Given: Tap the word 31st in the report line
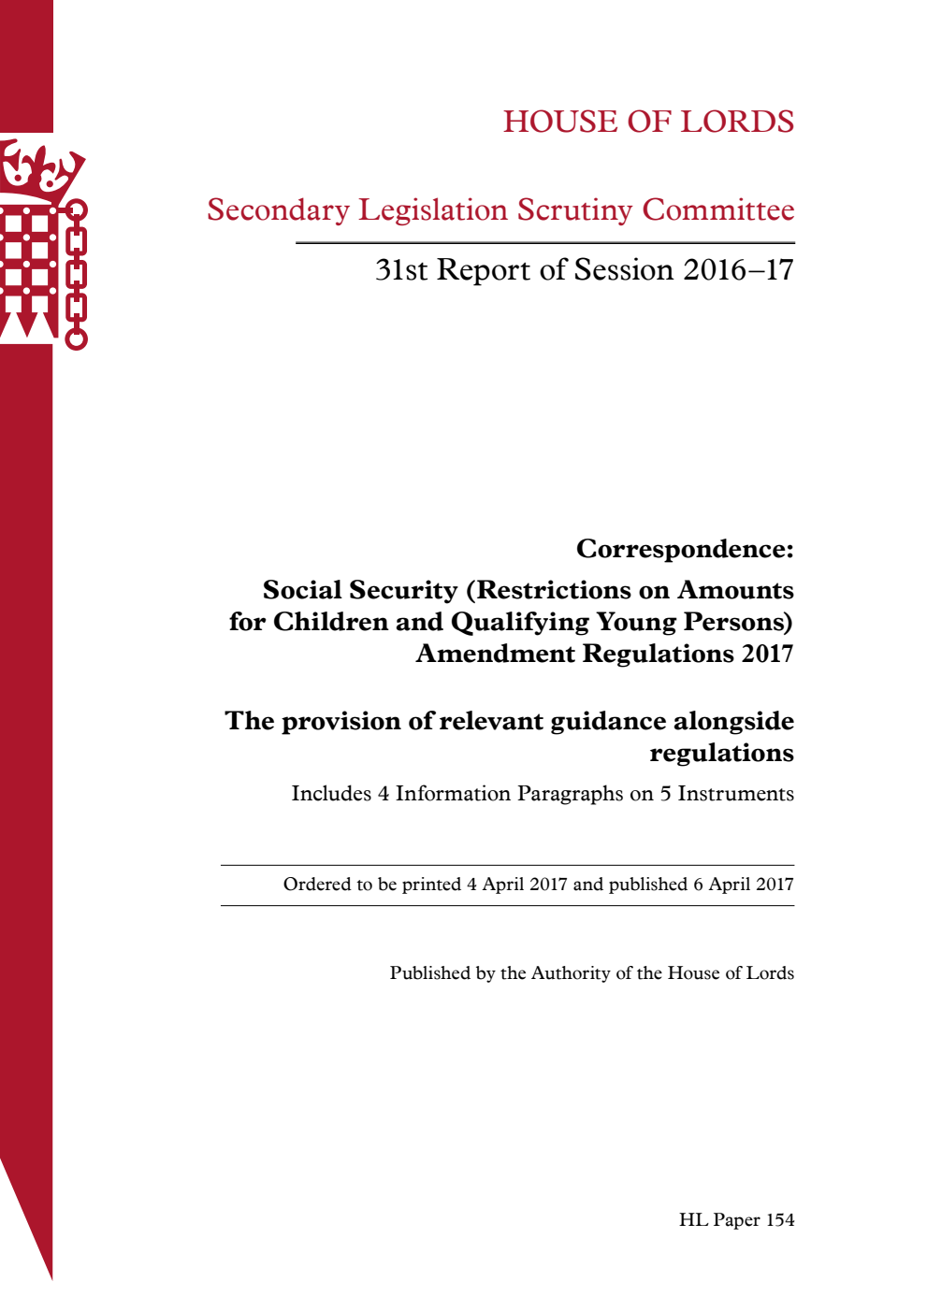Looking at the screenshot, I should (401, 270).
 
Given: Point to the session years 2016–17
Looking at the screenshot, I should (738, 270).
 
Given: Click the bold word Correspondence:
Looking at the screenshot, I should (685, 549).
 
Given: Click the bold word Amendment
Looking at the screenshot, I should (496, 654).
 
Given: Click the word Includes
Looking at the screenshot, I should (331, 794).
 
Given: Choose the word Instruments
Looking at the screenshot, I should (735, 794).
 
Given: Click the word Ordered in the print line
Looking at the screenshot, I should (315, 885).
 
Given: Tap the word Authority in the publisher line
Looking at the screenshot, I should (571, 973).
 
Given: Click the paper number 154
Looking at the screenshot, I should (779, 1220).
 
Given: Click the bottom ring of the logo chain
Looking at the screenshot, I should (76, 338).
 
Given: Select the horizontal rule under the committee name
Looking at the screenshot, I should (544, 243).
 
